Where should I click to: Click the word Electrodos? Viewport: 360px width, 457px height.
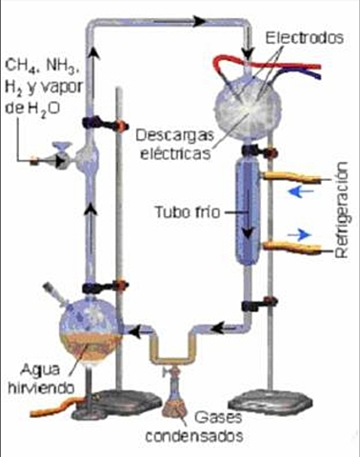coord(303,39)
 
